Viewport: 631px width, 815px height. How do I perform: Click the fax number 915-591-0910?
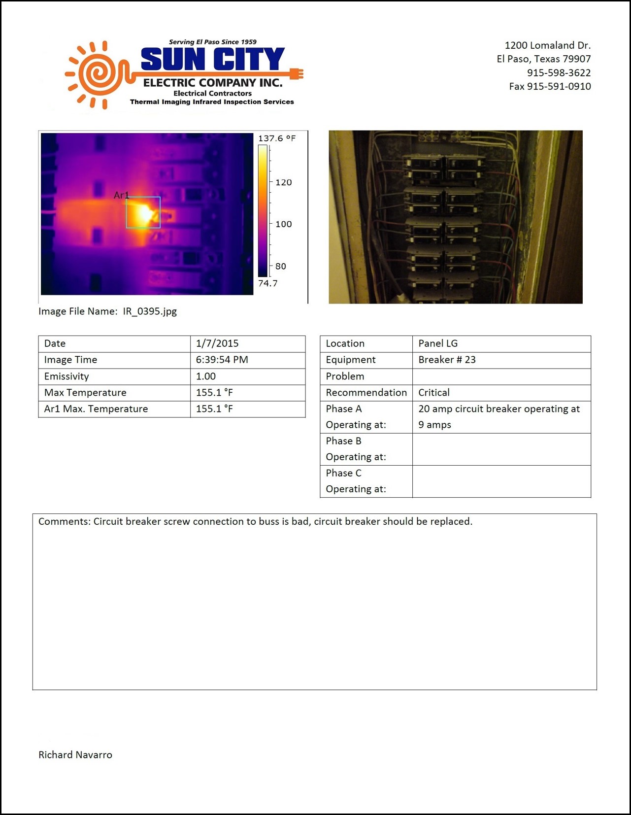[x=550, y=86]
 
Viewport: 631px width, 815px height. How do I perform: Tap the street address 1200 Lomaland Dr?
[x=547, y=45]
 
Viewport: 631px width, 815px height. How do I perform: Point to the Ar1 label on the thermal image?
[x=121, y=195]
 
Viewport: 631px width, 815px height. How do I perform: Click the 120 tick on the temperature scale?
[x=283, y=182]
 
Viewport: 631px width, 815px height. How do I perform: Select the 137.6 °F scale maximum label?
[x=277, y=138]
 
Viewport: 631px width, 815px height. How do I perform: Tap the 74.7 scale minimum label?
[x=267, y=283]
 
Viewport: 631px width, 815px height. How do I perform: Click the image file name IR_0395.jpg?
[x=150, y=311]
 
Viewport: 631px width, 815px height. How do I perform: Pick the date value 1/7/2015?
[x=217, y=343]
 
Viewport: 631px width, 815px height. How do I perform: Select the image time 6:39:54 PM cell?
[x=222, y=360]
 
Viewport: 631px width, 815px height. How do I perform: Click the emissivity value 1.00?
[x=206, y=376]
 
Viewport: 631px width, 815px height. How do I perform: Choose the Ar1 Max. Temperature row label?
[x=96, y=409]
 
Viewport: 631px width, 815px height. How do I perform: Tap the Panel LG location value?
[x=438, y=343]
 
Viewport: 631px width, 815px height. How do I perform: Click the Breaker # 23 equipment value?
[x=447, y=360]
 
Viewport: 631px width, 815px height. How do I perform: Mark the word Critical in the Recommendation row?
[x=434, y=393]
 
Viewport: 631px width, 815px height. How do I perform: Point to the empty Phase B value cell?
[x=501, y=449]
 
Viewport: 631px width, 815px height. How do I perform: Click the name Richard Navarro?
[x=75, y=755]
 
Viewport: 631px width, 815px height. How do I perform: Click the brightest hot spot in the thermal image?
[x=145, y=213]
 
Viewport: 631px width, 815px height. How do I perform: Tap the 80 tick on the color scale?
[x=280, y=267]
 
